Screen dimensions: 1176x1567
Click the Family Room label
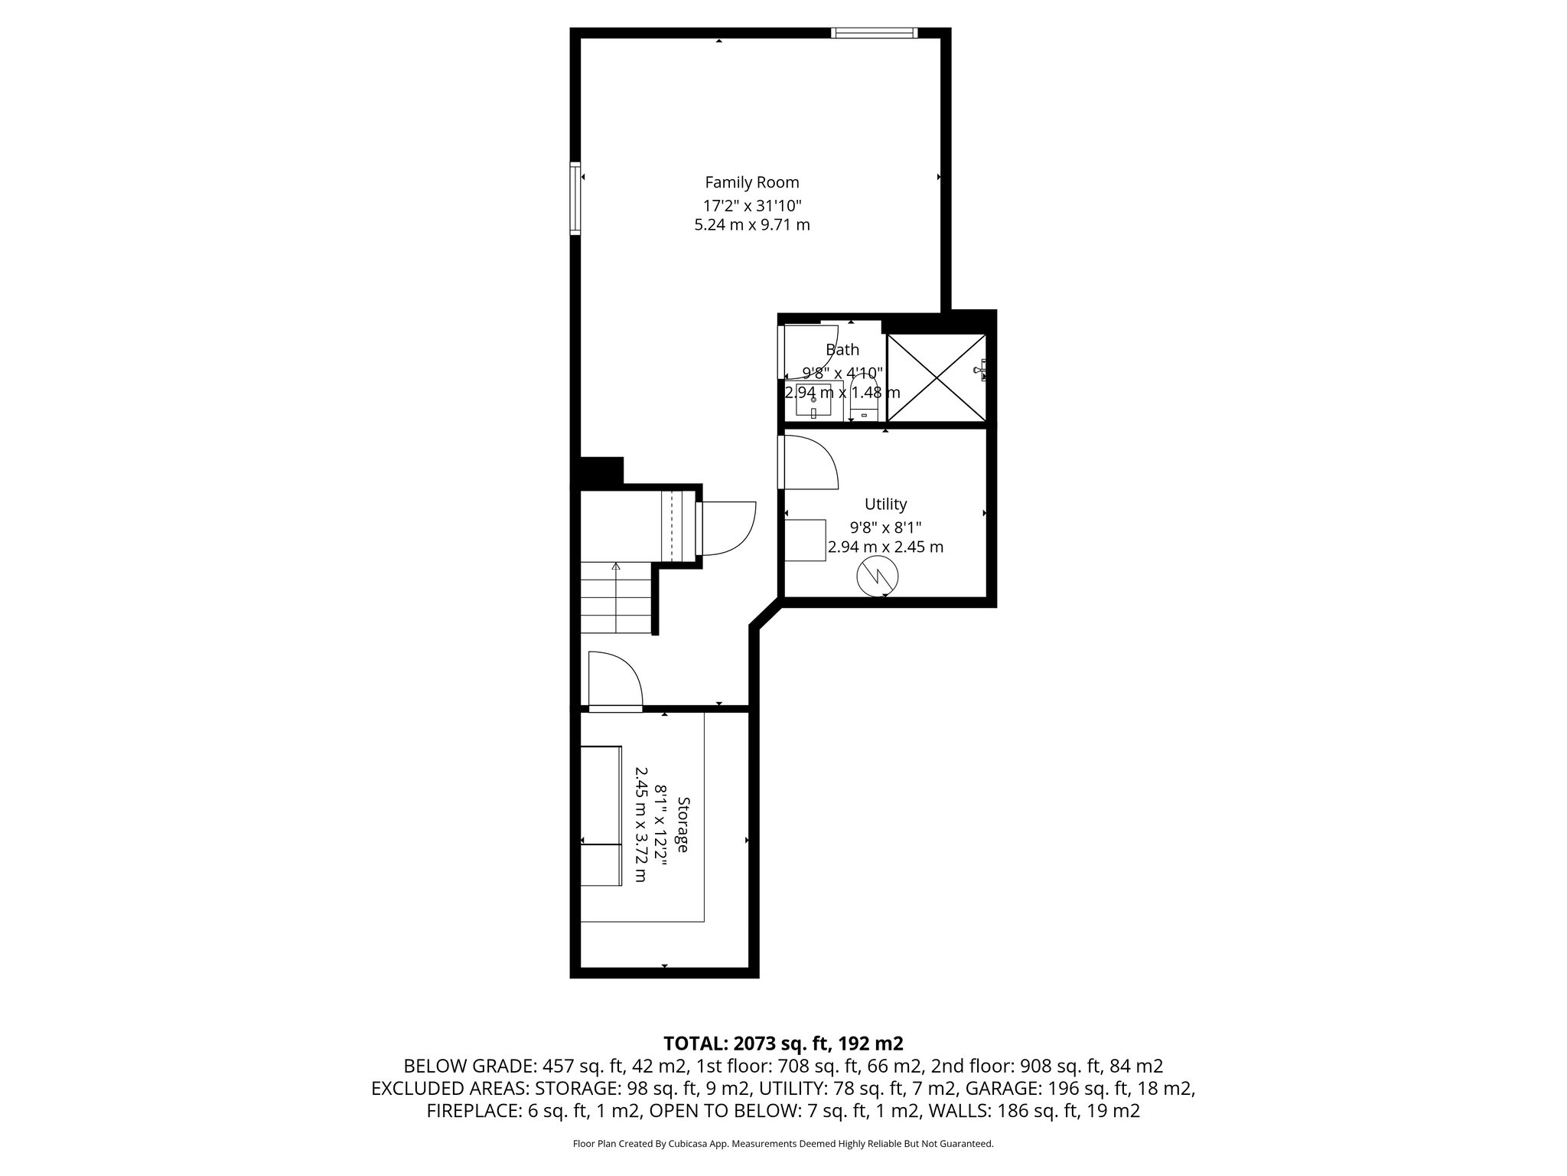coord(751,182)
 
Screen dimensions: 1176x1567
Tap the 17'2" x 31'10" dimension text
coord(751,205)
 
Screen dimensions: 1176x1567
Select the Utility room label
coord(885,504)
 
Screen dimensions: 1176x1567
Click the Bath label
coord(842,350)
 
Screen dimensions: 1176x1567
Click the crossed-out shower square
coord(936,377)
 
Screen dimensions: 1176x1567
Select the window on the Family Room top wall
coord(874,33)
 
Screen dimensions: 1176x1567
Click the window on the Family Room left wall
coord(575,197)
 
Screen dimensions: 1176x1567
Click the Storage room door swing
coord(614,680)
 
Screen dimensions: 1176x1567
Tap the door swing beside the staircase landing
coord(728,528)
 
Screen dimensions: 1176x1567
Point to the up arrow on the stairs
coord(616,567)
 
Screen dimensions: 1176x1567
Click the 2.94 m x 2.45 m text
coord(885,547)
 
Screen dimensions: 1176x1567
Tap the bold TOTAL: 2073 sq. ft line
coord(783,1043)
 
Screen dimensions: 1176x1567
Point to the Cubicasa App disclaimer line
coord(783,1144)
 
